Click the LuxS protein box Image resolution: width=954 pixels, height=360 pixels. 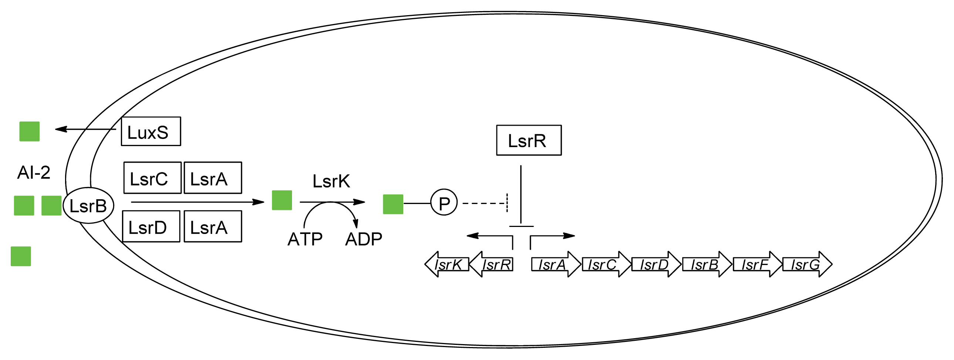[x=151, y=132]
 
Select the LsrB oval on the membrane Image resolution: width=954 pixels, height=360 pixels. [x=88, y=206]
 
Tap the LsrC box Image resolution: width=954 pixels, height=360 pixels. [x=152, y=178]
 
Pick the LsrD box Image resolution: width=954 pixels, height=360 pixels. [x=151, y=227]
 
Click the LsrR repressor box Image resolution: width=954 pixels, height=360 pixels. [x=529, y=140]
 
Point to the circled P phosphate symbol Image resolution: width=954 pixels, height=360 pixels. [x=444, y=203]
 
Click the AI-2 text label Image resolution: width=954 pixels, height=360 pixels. [x=34, y=172]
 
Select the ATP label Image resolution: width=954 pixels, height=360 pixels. [x=305, y=239]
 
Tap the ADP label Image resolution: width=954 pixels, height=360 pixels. [x=363, y=239]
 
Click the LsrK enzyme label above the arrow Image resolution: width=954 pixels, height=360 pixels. [x=331, y=181]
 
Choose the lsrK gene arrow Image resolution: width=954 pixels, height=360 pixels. [x=447, y=264]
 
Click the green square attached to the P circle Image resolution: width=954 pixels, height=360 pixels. [x=393, y=204]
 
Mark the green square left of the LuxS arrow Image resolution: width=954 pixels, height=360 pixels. [x=29, y=132]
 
